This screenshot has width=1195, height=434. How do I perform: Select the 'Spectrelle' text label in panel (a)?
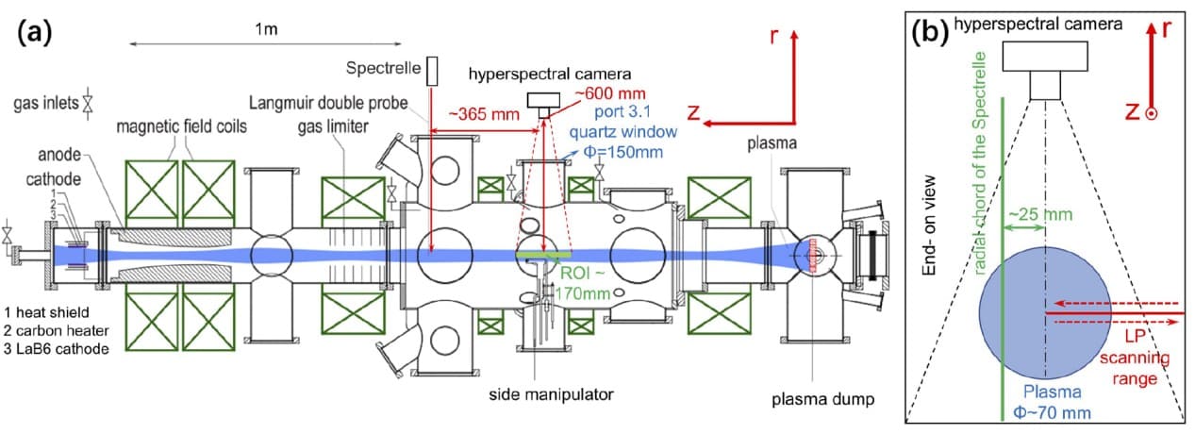coord(382,69)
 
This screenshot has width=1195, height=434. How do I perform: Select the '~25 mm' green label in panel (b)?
coord(1027,214)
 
